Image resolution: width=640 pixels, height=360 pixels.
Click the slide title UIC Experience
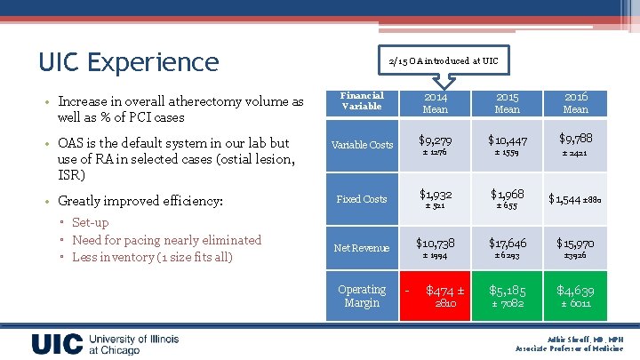point(128,61)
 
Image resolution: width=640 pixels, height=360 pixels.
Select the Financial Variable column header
point(362,101)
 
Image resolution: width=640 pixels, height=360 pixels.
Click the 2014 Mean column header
point(436,102)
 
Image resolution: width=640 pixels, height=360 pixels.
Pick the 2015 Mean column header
point(507,102)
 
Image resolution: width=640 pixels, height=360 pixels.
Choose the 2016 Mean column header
point(575,102)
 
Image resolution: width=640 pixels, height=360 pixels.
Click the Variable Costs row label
point(362,145)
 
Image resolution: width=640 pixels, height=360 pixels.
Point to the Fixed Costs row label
point(362,199)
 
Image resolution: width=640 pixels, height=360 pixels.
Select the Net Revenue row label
point(362,248)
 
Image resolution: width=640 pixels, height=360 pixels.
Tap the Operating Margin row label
point(362,296)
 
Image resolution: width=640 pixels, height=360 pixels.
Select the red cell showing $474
point(436,296)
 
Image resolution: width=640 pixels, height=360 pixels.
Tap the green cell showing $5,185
point(507,296)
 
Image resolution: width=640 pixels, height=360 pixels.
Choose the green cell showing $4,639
point(575,296)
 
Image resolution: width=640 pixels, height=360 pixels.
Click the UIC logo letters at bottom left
point(58,345)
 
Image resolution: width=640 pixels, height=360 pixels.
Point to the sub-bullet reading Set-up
point(90,222)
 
